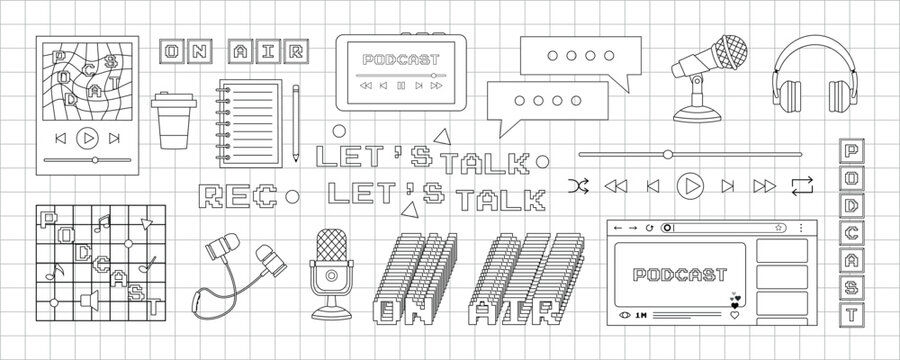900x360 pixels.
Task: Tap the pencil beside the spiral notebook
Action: tap(296, 124)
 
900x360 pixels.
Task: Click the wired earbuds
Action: tap(240, 270)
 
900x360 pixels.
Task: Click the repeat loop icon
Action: tap(801, 185)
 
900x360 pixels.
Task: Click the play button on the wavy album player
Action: tap(87, 137)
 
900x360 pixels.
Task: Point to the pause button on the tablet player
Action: tap(401, 86)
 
